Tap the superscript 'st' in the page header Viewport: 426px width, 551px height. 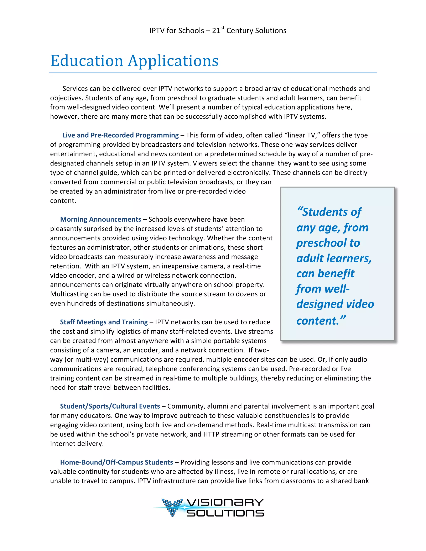[x=222, y=28]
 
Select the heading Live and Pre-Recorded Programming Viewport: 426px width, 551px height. [x=121, y=135]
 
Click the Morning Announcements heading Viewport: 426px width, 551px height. [x=100, y=219]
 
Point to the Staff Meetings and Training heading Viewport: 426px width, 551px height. [x=104, y=322]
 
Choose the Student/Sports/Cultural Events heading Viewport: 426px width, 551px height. [x=110, y=406]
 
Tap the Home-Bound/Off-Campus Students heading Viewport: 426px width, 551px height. [x=116, y=462]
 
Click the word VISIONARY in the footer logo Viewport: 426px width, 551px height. [x=225, y=502]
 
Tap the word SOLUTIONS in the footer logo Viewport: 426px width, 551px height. [x=225, y=513]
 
